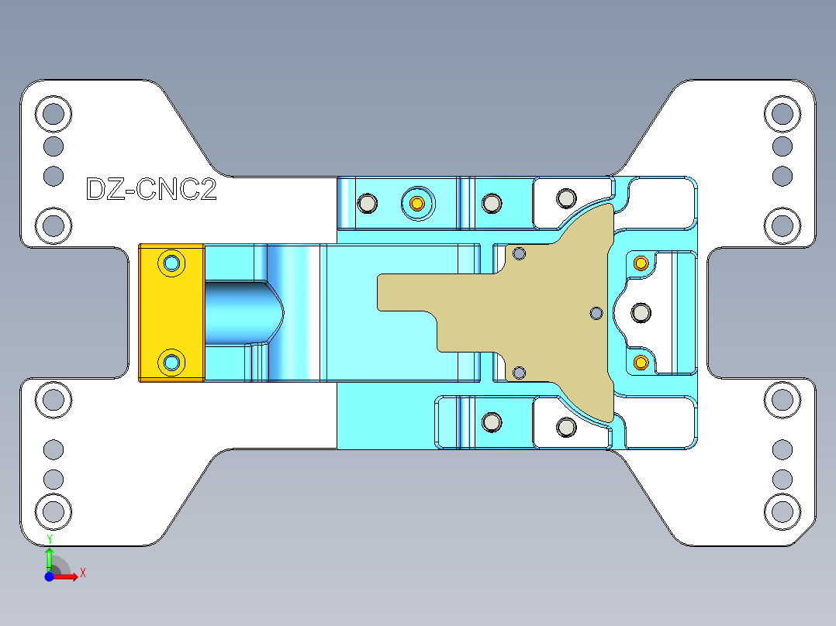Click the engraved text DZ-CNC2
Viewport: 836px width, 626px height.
151,190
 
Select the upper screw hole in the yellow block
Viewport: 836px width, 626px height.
171,263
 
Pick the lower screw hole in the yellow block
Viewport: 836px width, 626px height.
171,362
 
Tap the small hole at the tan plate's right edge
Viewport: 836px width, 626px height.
596,312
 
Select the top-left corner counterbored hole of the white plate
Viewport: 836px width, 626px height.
53,115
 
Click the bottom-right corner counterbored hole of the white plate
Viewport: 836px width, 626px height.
782,511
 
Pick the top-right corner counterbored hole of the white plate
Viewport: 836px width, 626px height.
782,115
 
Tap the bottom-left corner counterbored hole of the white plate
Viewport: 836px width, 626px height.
53,511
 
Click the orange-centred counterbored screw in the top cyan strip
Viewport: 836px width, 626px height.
417,204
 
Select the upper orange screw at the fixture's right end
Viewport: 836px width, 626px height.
641,263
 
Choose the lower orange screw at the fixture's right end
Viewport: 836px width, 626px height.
641,362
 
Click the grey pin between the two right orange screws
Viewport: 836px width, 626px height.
641,312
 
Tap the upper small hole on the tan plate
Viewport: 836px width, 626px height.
520,253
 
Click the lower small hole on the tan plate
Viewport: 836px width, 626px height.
520,373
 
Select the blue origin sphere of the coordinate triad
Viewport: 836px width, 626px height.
49,576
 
